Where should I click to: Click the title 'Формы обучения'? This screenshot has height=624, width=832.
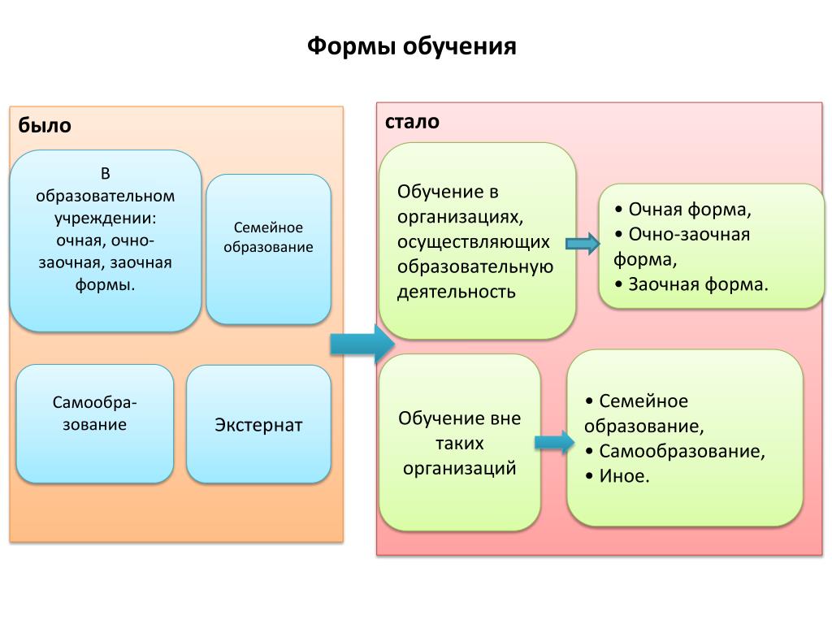click(x=411, y=46)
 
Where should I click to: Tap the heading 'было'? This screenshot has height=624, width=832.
click(x=45, y=125)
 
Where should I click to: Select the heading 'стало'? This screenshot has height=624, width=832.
click(x=412, y=122)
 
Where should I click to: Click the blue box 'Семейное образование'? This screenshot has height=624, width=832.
click(x=268, y=249)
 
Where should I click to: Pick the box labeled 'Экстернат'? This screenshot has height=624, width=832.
click(x=258, y=424)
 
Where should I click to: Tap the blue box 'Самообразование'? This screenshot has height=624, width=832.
click(x=95, y=423)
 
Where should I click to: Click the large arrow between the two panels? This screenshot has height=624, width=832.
click(x=362, y=344)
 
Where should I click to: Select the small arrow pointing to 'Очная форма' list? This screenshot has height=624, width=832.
click(x=583, y=244)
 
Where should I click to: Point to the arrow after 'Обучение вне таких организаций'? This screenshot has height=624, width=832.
click(x=554, y=441)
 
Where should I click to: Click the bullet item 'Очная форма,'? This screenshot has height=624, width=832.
click(x=682, y=210)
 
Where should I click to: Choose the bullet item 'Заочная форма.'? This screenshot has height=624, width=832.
click(x=691, y=284)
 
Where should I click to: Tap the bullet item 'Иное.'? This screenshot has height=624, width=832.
click(x=617, y=475)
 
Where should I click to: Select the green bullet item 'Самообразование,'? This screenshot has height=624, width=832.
click(x=675, y=451)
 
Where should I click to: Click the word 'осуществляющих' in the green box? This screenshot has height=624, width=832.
click(x=474, y=242)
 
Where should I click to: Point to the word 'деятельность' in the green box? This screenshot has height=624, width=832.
click(x=457, y=292)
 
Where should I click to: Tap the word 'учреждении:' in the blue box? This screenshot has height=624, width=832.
click(x=105, y=219)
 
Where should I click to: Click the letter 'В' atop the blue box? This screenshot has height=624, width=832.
click(x=105, y=174)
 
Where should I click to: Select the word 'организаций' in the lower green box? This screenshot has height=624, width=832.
click(x=460, y=469)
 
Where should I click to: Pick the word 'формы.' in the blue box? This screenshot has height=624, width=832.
click(x=105, y=285)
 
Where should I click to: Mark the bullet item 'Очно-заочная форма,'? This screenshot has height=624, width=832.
click(x=682, y=247)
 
